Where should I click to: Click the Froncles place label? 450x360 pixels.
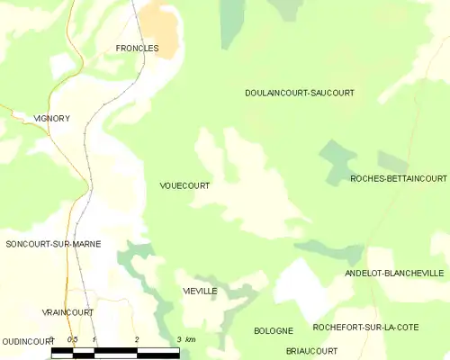tap(137, 48)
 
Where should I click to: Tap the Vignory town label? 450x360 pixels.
tap(51, 118)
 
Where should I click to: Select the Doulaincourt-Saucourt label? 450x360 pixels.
tap(299, 93)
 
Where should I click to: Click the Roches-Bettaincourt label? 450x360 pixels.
tap(399, 178)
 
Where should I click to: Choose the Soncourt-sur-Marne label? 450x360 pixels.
tap(52, 244)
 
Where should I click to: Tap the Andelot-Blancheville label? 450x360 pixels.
tap(394, 273)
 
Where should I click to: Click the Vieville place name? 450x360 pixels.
tap(200, 292)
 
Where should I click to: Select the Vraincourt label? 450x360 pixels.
tap(67, 312)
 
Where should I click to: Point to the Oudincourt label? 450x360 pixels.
tap(28, 342)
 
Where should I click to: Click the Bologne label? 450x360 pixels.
tap(274, 331)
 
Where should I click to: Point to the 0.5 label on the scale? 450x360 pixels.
tap(72, 338)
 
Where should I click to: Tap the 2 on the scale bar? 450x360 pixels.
tap(136, 338)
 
